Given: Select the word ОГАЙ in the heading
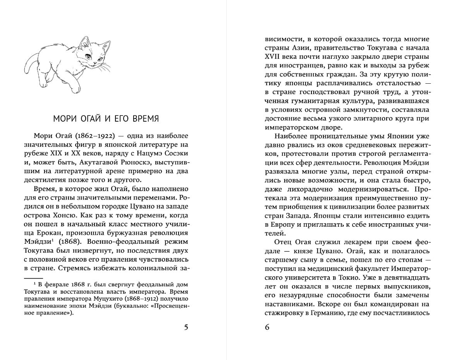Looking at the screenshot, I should (91, 118).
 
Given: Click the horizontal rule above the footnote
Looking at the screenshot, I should (33, 278).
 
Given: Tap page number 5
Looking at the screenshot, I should (186, 327).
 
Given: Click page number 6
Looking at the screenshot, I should (267, 327).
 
